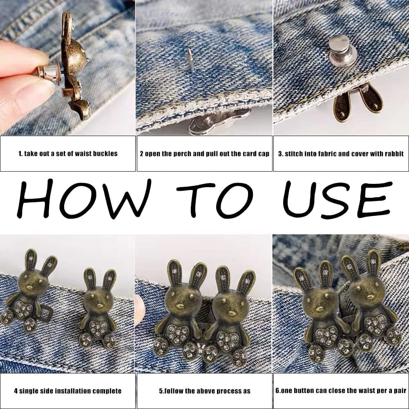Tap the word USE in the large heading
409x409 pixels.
click(337, 199)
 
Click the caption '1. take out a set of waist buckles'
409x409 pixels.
click(68, 154)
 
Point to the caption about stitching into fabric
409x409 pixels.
click(341, 154)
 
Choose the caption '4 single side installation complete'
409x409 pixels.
click(68, 391)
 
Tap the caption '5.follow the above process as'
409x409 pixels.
click(205, 391)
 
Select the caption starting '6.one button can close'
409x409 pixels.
click(341, 391)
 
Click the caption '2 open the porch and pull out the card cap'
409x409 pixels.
click(204, 154)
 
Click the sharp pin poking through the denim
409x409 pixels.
click(190, 60)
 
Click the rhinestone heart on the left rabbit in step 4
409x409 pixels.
click(23, 309)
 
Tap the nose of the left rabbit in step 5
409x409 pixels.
click(180, 306)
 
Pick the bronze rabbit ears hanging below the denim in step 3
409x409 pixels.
click(358, 102)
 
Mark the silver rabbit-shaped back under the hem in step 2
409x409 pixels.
click(219, 122)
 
